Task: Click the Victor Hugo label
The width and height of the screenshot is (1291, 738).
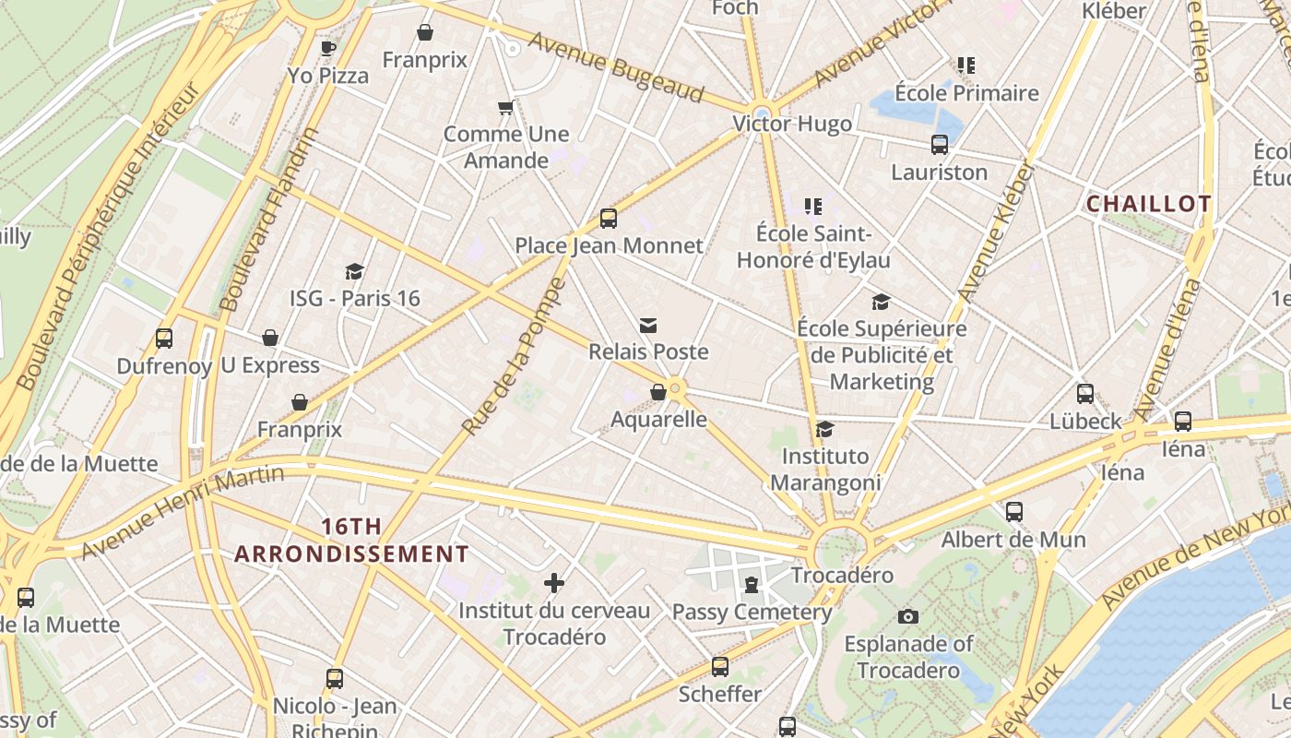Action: coord(792,124)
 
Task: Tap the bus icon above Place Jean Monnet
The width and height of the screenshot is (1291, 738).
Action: coord(609,219)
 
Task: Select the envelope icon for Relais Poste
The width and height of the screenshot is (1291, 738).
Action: coord(648,325)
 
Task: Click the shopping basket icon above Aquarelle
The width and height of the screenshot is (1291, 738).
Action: coord(658,392)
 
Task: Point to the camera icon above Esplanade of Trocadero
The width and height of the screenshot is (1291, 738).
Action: coord(908,616)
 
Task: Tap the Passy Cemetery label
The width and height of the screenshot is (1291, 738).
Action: coord(752,612)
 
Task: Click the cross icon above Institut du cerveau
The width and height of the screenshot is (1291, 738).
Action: coord(554,583)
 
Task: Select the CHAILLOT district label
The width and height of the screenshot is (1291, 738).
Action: coord(1148,204)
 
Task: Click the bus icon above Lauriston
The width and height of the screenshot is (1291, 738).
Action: coord(940,145)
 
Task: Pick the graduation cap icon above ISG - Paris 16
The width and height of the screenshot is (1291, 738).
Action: coord(355,271)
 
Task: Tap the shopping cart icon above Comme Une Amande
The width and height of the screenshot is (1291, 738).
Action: coord(505,108)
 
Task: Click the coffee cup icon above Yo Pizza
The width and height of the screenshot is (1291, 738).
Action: coord(327,48)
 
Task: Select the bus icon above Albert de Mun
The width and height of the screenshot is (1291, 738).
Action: coord(1014,512)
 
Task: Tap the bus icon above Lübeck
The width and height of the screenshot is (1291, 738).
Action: coord(1085,394)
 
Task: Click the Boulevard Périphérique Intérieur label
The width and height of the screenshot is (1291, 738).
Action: coord(108,235)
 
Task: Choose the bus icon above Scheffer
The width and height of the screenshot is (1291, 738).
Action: coord(720,667)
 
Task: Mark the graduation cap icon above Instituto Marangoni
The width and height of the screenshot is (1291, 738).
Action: coord(825,430)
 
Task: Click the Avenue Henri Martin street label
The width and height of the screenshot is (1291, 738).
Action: coord(182,511)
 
